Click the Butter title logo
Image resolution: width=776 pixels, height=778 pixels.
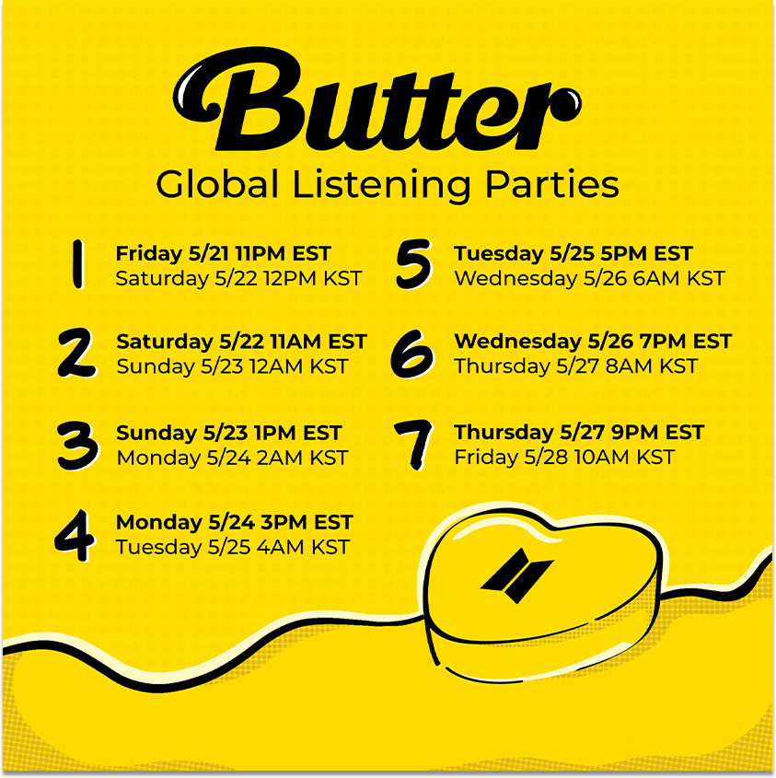coord(377,99)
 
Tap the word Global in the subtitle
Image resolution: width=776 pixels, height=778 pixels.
coord(217,184)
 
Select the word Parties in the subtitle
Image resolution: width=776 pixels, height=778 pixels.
coord(552,185)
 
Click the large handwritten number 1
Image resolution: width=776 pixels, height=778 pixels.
coord(77,264)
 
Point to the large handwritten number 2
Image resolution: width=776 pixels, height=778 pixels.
coord(77,353)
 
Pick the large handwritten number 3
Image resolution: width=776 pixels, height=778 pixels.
coord(78,446)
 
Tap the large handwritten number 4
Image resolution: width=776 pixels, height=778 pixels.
coord(75,536)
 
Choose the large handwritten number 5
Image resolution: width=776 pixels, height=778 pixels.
coord(414,264)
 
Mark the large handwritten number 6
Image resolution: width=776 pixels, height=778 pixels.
coord(412,354)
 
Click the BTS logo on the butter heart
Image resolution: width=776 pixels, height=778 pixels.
coord(517,575)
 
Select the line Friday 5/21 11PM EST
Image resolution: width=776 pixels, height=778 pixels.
coord(224,253)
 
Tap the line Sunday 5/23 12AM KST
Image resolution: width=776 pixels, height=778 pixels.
coord(232,366)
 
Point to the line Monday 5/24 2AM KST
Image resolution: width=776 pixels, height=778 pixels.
coord(232,458)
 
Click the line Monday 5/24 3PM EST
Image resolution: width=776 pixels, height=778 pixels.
coord(234,522)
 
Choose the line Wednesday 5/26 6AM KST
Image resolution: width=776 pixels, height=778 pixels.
coord(590,278)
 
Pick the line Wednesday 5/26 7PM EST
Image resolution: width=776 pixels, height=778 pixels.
coord(593,342)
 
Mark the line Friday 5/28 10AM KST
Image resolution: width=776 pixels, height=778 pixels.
coord(564,457)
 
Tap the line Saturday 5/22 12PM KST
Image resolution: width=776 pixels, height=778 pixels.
coord(238,278)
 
